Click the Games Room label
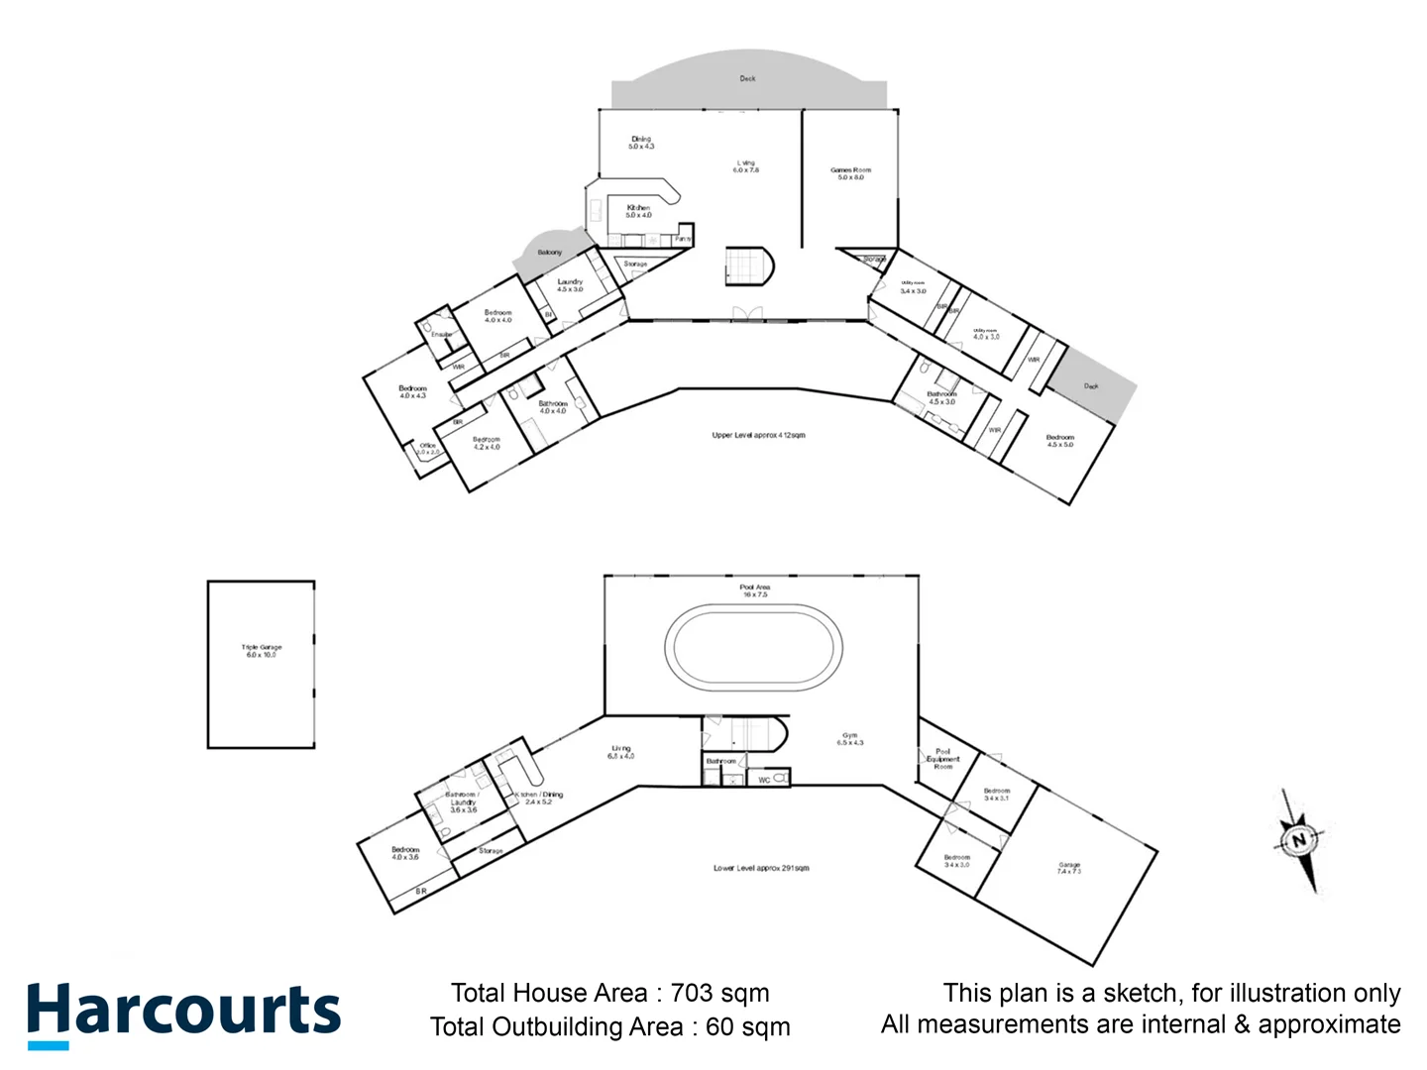850,173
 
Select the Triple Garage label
262,651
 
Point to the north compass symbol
1299,841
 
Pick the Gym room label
850,739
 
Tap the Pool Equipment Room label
942,759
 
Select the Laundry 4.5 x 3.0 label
570,285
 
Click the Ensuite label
441,335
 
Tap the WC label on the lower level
764,781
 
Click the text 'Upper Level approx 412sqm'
758,435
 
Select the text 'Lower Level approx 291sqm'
761,868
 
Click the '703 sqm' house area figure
719,993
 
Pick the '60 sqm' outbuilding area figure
748,1026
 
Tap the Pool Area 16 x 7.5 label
755,590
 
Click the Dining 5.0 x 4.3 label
641,143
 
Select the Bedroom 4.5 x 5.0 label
1059,441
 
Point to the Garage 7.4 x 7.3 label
1068,868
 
